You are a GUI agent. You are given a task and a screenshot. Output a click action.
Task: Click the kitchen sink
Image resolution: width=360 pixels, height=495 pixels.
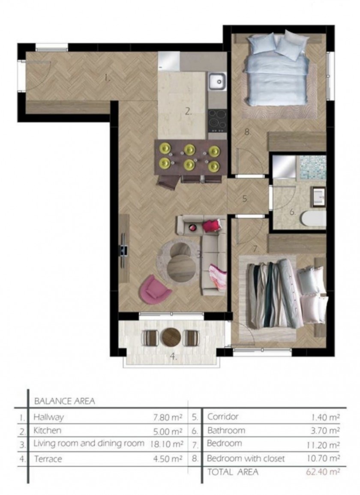(x=217, y=81)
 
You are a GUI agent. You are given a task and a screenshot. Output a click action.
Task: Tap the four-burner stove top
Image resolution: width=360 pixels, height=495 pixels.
(x=217, y=120)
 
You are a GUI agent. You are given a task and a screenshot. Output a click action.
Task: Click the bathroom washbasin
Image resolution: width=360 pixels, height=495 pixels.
(x=318, y=197)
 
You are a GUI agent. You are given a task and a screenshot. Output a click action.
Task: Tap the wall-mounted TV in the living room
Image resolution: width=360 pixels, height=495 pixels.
(x=123, y=245)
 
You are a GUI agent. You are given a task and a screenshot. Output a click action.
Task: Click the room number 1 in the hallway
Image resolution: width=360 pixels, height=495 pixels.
(x=108, y=78)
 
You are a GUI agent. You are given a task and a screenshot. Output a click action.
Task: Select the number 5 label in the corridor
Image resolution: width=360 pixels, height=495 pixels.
(x=246, y=199)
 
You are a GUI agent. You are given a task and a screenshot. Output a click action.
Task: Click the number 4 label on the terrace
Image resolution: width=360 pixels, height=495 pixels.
(x=174, y=357)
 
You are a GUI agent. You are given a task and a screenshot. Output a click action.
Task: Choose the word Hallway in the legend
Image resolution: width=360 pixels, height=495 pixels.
(x=48, y=417)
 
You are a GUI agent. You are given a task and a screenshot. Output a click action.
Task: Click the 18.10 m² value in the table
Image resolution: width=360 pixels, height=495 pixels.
(x=167, y=444)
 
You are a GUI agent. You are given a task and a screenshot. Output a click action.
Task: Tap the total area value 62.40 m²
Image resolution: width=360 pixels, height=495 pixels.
(x=323, y=472)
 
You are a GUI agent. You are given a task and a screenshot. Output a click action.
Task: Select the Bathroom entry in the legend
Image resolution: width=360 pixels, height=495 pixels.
(x=226, y=430)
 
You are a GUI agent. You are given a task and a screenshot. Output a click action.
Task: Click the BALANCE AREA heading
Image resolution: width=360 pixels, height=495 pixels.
(x=64, y=401)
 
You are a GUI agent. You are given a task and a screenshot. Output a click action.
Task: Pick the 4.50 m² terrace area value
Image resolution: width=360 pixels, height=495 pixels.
(x=168, y=459)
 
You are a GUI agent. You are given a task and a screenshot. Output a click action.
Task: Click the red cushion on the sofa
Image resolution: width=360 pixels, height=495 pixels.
(x=211, y=225)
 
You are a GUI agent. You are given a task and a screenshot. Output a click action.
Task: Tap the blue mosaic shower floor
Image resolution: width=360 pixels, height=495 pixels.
(x=312, y=167)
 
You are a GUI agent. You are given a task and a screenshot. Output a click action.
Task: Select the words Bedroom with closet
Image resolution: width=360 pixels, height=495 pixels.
(x=246, y=459)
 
